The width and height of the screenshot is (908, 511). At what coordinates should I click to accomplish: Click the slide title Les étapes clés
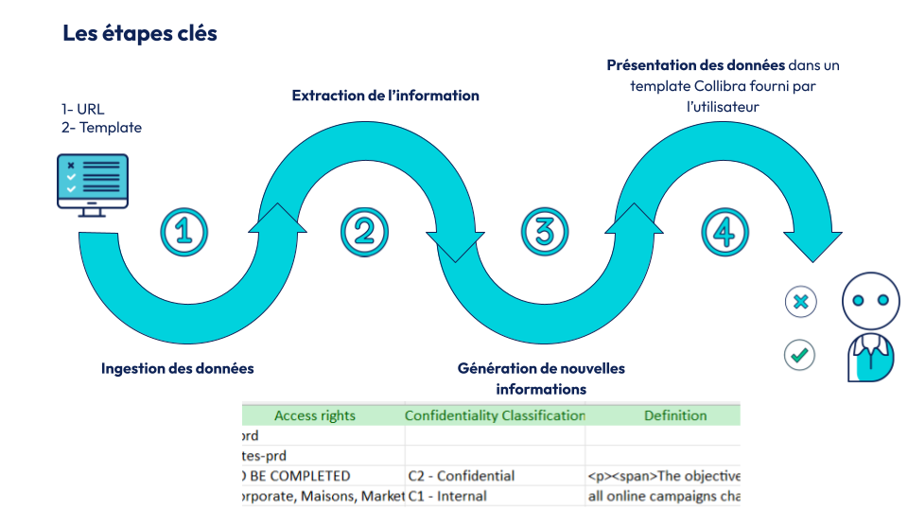(140, 33)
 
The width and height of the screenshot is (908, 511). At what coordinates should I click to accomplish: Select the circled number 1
(184, 231)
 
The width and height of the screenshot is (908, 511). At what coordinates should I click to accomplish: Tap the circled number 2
(364, 231)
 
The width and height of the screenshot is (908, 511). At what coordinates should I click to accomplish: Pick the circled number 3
(544, 231)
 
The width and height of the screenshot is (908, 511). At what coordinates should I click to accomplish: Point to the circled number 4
(725, 231)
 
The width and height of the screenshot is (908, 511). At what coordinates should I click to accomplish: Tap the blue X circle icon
(800, 302)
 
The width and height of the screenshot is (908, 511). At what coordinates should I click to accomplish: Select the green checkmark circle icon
(800, 355)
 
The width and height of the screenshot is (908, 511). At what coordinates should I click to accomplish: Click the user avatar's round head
(870, 300)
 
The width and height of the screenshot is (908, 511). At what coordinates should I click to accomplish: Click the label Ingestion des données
(178, 368)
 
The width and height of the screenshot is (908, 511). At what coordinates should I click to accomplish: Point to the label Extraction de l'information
(385, 96)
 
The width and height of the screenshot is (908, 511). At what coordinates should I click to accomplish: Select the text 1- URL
(83, 109)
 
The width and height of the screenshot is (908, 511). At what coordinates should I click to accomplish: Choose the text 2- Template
(101, 127)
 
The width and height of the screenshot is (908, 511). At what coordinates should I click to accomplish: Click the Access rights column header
(315, 415)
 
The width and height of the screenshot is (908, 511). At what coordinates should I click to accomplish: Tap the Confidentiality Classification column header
(495, 415)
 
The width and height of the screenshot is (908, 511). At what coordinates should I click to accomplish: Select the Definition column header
(675, 415)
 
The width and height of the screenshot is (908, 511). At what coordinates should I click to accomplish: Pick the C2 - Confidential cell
(462, 476)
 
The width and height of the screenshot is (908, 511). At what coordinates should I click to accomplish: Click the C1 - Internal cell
(447, 496)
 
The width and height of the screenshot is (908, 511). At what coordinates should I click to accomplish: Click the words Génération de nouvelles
(541, 368)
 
